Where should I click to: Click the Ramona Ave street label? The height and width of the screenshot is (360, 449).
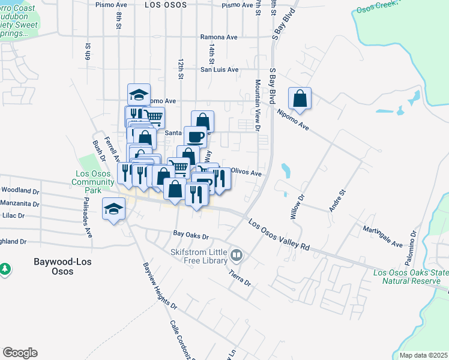point(218,37)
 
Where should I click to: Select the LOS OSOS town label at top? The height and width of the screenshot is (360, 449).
point(165,4)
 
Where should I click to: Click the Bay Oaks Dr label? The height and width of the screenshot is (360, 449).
point(190,236)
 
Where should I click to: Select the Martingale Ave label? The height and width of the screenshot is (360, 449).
point(382,236)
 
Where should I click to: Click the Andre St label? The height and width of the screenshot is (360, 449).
point(336,201)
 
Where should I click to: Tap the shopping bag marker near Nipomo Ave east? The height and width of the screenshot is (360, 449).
point(300,98)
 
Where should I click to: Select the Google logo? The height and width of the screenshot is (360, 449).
point(20,353)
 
